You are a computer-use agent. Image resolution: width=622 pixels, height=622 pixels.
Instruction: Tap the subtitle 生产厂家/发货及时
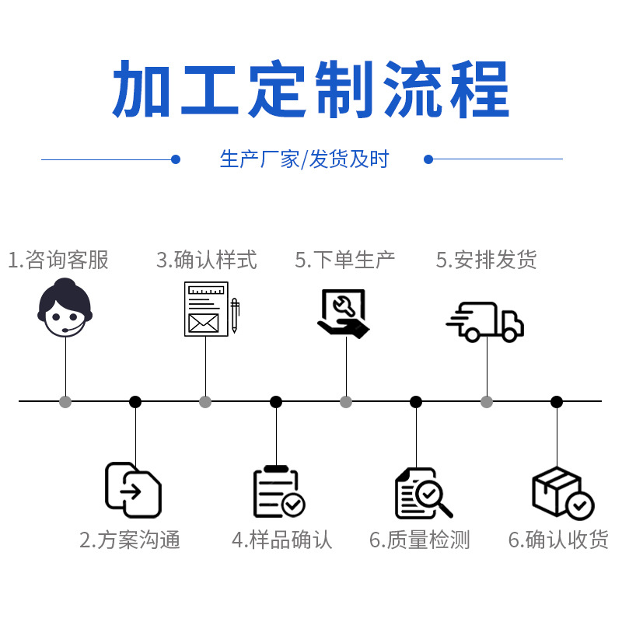click(304, 159)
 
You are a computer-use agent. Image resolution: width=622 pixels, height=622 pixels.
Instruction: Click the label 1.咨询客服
click(58, 260)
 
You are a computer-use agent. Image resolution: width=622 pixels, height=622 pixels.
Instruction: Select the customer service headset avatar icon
click(65, 309)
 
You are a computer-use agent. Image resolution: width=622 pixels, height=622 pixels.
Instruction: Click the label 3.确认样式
click(206, 260)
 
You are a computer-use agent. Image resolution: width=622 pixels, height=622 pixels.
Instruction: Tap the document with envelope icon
click(205, 309)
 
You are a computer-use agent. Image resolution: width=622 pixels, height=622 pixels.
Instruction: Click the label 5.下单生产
click(345, 260)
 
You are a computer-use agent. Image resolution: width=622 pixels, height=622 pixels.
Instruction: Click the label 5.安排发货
click(486, 260)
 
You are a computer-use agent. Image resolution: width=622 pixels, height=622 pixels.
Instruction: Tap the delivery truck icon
click(486, 321)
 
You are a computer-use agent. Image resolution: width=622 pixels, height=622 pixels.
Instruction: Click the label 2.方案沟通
click(130, 540)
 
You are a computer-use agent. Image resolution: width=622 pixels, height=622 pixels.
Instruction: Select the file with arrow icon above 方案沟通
click(133, 490)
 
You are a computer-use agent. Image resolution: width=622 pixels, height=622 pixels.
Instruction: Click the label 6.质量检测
click(420, 540)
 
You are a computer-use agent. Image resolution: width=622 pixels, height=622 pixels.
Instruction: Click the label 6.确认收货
click(558, 540)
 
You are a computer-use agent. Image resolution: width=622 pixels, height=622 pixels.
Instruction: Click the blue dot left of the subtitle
click(176, 159)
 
